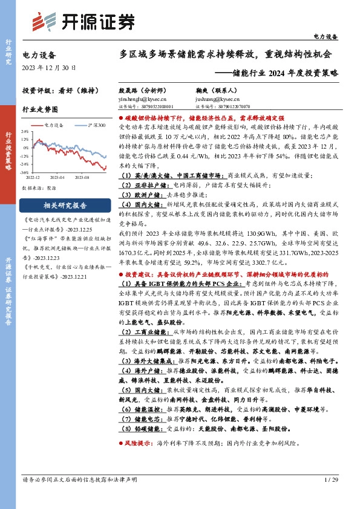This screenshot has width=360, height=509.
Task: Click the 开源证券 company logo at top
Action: [82, 21]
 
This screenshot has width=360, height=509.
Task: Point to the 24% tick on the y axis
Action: [24, 131]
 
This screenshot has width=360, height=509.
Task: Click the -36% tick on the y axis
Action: [24, 172]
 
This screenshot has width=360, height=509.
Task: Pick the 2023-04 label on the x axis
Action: [57, 178]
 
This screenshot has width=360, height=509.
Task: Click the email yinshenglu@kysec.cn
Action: [142, 98]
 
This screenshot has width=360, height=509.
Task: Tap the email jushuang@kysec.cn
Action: [217, 98]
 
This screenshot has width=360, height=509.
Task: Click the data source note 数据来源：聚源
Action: [38, 188]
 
